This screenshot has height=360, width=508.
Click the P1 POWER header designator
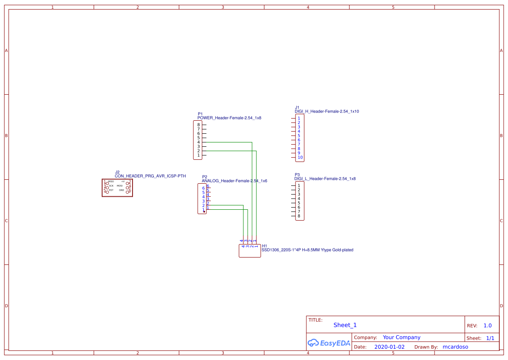(x=200, y=114)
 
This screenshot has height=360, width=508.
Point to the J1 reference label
(x=297, y=107)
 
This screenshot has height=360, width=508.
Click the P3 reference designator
(x=297, y=175)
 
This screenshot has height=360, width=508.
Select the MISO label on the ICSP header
(x=111, y=182)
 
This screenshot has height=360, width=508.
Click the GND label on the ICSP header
(x=122, y=190)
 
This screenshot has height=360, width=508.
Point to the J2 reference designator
(x=117, y=172)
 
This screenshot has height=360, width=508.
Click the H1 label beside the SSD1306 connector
(x=264, y=246)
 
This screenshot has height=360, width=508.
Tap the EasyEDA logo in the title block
(x=329, y=343)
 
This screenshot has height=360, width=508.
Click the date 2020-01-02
(x=389, y=347)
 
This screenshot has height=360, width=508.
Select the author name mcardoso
(x=455, y=347)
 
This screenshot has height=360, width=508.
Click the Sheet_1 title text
(x=345, y=325)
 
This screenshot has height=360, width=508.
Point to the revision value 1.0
(x=488, y=325)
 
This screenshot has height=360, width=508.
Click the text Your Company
(x=402, y=337)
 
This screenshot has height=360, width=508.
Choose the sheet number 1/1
(x=490, y=338)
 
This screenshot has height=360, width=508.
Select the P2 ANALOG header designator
(x=204, y=177)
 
